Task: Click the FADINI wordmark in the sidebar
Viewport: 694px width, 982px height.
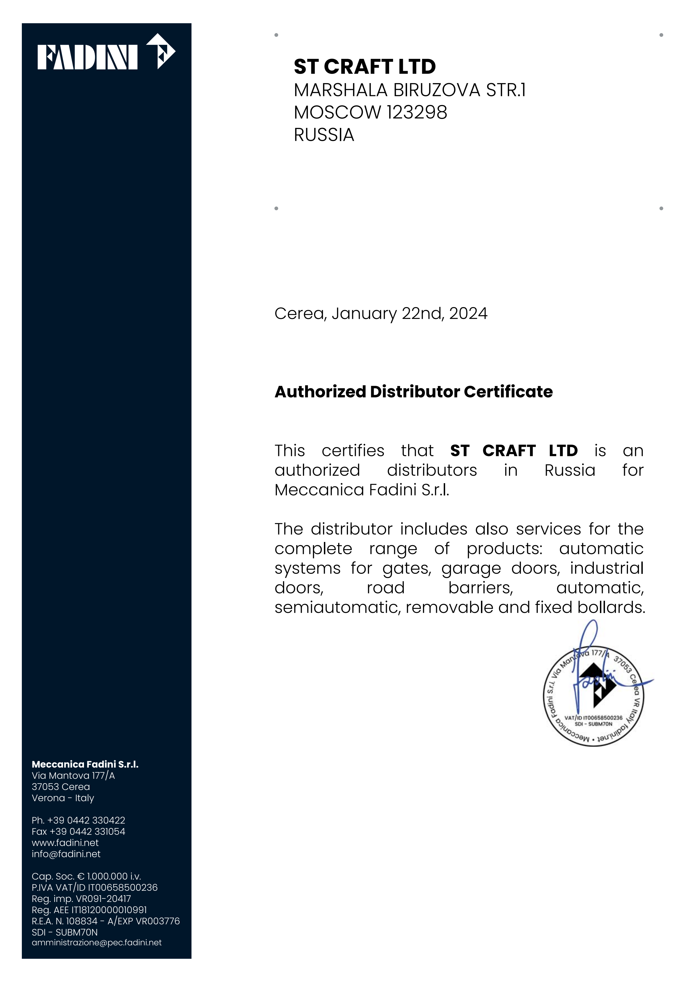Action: point(87,57)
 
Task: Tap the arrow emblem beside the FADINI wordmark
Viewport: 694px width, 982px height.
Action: point(161,51)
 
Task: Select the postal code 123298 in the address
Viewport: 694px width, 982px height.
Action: point(417,113)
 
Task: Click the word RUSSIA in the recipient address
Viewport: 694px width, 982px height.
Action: point(324,135)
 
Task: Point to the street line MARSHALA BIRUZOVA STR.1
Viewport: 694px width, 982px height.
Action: point(409,90)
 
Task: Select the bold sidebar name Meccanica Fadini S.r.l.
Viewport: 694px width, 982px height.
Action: point(85,764)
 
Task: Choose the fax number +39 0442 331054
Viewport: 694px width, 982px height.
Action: point(87,831)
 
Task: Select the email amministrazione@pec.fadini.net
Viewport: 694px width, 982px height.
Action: point(97,943)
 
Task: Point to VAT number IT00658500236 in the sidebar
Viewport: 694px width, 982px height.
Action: point(123,887)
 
